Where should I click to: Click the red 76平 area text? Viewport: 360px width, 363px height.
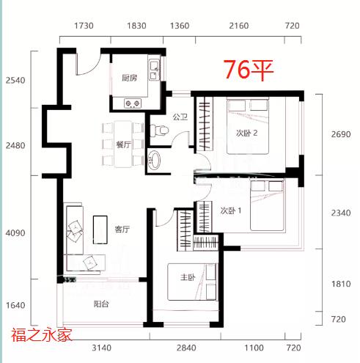(249, 70)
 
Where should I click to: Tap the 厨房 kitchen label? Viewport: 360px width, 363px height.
(130, 78)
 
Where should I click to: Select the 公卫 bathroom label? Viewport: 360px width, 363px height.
(180, 117)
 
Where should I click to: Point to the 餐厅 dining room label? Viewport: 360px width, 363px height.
(123, 144)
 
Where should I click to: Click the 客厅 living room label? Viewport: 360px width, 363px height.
(122, 229)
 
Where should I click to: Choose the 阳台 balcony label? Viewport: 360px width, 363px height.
(101, 304)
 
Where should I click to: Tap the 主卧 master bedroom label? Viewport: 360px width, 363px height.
(188, 277)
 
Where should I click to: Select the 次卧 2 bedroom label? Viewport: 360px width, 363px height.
(246, 133)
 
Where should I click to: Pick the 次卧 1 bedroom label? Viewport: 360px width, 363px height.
(231, 210)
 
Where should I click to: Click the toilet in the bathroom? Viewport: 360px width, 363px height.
(159, 130)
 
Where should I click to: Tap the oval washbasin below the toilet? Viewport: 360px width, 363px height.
(154, 160)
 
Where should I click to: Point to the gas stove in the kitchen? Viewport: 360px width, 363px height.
(133, 103)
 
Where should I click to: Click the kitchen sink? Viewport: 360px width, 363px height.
(154, 70)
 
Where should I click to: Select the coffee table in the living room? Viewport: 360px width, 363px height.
(100, 230)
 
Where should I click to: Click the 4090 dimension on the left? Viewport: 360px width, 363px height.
(15, 233)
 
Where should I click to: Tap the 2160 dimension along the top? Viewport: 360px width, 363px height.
(239, 26)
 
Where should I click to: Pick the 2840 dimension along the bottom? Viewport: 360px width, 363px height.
(186, 348)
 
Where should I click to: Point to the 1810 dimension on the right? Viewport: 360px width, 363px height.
(341, 284)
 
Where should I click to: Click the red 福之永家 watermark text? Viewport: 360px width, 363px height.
(42, 334)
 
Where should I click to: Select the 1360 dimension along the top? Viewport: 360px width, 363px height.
(180, 26)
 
